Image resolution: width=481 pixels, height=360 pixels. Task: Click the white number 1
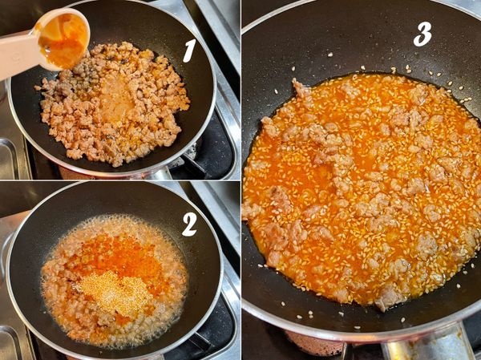pos(189,51)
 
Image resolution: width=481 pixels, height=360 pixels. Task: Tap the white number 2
pos(189,224)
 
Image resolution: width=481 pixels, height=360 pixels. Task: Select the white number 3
pos(422,34)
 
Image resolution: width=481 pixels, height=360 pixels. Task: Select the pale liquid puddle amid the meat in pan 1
pos(116,98)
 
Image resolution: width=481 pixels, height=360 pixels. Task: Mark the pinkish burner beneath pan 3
pos(316,344)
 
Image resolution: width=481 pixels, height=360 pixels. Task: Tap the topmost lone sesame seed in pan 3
pos(330,55)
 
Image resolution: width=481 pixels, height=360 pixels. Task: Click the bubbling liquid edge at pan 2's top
pos(114,219)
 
